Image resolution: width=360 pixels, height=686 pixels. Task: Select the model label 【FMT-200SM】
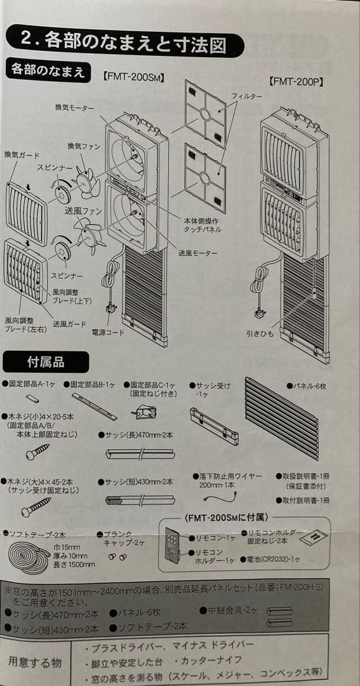click(134, 77)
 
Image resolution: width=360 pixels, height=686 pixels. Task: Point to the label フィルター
click(246, 95)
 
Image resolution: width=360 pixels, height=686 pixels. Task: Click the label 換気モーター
click(76, 107)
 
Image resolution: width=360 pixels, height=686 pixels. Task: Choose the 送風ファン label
click(83, 211)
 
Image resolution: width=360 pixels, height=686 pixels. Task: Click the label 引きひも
click(260, 333)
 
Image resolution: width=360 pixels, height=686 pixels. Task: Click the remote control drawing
click(172, 545)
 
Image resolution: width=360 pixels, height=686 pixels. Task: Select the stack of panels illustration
click(281, 416)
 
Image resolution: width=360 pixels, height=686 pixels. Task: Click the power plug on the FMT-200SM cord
click(113, 311)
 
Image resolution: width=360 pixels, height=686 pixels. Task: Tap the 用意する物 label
click(34, 662)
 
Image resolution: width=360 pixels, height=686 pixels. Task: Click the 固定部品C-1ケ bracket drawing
click(144, 414)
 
